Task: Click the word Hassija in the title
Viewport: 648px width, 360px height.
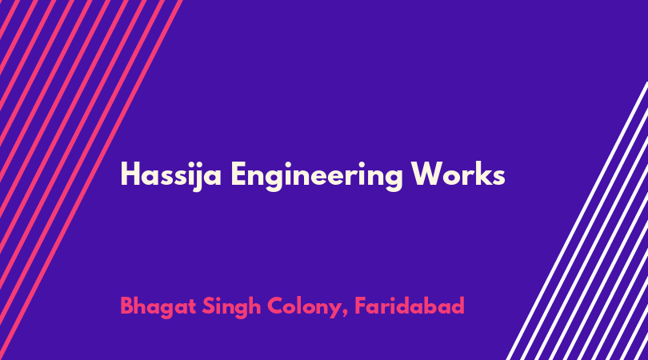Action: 170,176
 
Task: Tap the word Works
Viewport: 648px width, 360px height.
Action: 458,174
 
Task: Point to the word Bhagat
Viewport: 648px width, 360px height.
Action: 158,307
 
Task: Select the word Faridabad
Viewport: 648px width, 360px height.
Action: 410,306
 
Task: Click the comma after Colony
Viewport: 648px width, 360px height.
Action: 345,314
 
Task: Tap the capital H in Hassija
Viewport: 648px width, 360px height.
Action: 129,174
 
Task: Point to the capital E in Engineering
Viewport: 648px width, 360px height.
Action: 238,174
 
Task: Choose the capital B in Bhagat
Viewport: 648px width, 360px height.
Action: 126,306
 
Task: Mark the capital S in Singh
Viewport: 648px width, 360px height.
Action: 208,306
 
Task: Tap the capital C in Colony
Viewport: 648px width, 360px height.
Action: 276,306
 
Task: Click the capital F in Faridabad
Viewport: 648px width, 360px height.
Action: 360,306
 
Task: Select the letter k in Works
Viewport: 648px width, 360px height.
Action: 483,174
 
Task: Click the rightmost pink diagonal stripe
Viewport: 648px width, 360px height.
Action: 91,180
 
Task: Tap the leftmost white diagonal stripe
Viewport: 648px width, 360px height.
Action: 577,221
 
